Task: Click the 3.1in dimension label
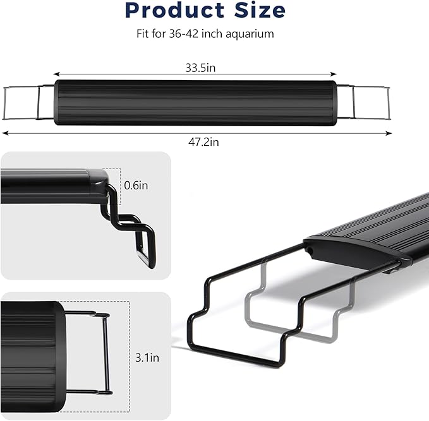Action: tap(147, 357)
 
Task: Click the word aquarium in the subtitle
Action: tap(250, 34)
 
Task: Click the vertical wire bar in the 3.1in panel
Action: tap(106, 353)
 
